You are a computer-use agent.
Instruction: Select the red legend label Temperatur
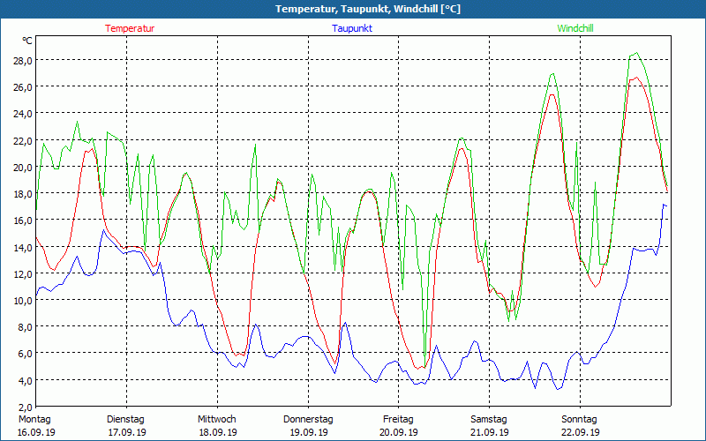(130, 28)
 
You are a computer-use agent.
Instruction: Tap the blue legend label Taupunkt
(352, 28)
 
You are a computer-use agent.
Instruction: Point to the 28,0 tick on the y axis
(20, 60)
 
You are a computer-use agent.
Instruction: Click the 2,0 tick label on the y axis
(21, 407)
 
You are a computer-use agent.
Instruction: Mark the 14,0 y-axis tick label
(20, 247)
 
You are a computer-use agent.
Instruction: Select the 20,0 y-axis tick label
(20, 167)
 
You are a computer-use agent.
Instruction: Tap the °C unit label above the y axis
(27, 41)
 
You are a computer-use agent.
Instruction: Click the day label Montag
(35, 419)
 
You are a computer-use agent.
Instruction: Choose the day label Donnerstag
(308, 419)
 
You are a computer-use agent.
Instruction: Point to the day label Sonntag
(579, 419)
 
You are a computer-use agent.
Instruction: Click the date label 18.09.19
(217, 432)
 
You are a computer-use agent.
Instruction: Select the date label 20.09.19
(398, 432)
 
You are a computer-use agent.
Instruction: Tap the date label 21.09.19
(489, 432)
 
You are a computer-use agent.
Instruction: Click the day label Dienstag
(125, 419)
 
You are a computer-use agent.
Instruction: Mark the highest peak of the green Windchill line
(635, 53)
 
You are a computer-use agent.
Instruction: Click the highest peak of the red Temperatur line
(635, 78)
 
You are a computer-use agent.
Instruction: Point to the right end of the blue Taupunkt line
(666, 206)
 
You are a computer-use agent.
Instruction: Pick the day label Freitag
(398, 419)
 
